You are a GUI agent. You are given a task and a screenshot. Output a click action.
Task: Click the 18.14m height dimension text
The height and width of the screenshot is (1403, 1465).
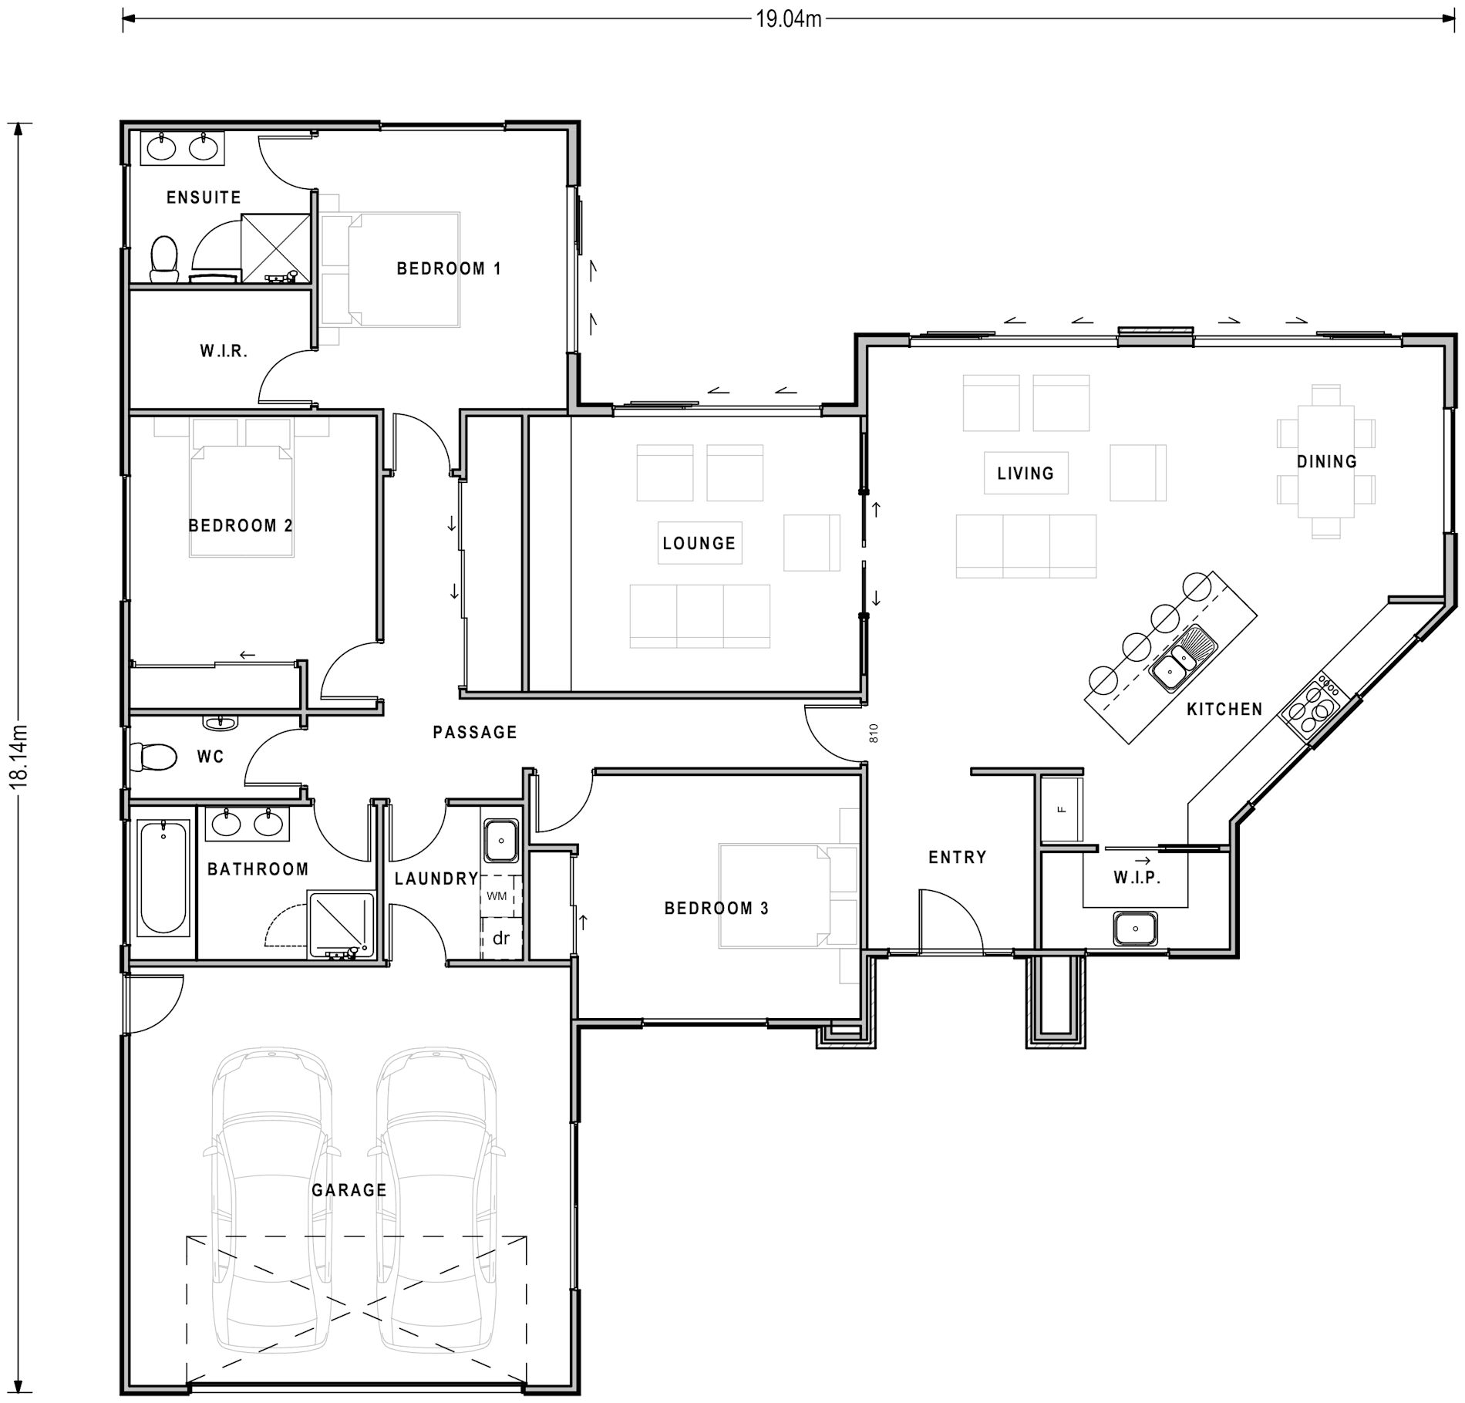coord(21,755)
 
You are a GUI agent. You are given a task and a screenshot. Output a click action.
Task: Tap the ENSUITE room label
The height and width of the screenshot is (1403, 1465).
coord(204,197)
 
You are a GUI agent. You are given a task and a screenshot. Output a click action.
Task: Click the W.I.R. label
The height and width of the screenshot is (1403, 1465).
coord(224,352)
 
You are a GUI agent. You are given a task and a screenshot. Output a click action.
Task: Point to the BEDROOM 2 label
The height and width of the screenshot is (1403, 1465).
coord(241,526)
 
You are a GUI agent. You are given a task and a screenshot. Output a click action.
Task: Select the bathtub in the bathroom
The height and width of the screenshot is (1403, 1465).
coord(163,878)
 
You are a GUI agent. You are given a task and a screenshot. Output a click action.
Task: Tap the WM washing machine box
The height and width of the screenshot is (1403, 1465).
coord(497,895)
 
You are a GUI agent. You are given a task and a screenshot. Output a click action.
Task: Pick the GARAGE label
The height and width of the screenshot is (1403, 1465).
coord(349,1190)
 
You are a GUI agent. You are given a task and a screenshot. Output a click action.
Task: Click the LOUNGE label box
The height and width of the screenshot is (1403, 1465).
coord(699,543)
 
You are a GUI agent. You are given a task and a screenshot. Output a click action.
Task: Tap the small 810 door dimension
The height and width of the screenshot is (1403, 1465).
coord(874,733)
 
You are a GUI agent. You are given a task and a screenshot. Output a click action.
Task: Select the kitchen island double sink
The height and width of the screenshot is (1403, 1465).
coord(1182,661)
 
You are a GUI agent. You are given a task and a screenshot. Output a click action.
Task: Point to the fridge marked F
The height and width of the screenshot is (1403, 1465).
coord(1061,809)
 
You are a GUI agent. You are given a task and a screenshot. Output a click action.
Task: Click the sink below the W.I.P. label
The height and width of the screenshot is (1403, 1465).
coord(1135,928)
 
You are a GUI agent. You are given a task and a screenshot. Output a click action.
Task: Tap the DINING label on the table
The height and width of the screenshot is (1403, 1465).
coord(1326,462)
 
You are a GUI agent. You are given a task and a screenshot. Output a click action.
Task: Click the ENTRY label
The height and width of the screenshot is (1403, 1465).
coord(957,857)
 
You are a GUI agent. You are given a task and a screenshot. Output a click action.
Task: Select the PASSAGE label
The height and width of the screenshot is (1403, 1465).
coord(474,732)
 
